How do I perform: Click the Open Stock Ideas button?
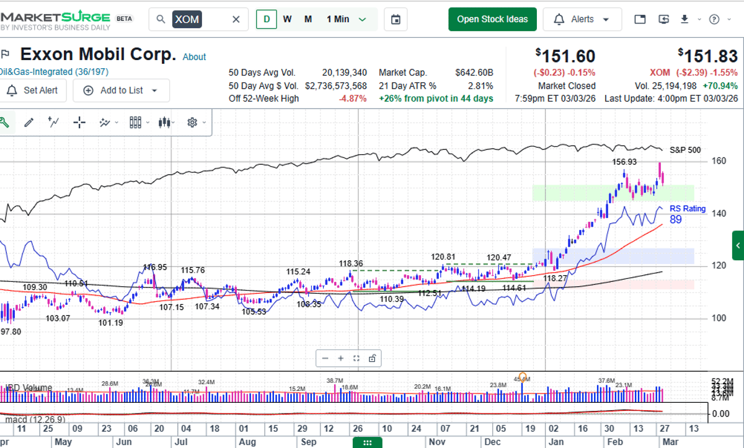492,19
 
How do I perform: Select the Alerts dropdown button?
582,19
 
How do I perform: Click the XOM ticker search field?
198,19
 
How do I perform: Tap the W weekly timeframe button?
288,19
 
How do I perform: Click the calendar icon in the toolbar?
396,19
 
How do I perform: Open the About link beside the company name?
194,57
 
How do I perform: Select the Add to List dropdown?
122,90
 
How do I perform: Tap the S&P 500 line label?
685,150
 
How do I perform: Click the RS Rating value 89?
676,219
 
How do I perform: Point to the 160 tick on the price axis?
719,161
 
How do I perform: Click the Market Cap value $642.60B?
474,72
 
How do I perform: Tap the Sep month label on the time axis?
309,442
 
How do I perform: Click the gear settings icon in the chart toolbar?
192,123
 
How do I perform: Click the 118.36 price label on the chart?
350,263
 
